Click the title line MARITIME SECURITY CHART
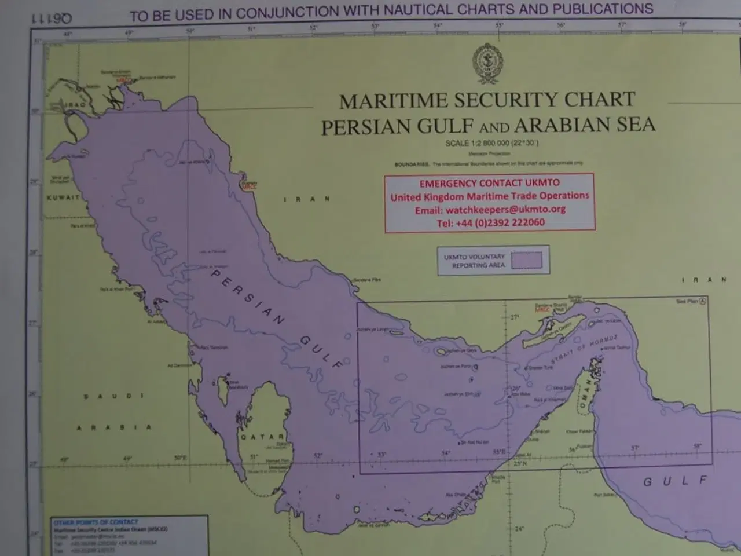click(x=487, y=101)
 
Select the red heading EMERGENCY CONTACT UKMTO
click(x=489, y=184)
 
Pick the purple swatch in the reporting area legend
click(x=526, y=261)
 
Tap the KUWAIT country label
click(x=63, y=197)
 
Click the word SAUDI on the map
click(x=113, y=396)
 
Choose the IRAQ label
click(x=75, y=104)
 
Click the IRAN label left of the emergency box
click(x=307, y=199)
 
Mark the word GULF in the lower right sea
click(x=675, y=481)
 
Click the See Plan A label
click(x=691, y=301)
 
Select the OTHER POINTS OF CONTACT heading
click(x=96, y=522)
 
